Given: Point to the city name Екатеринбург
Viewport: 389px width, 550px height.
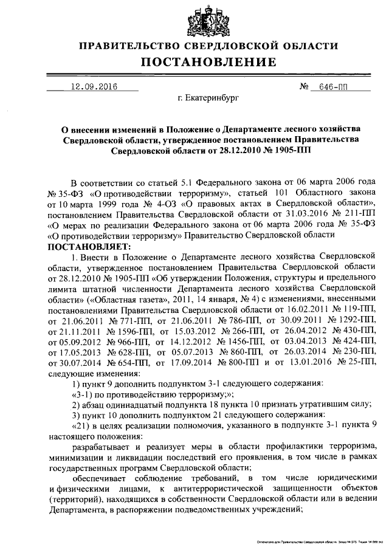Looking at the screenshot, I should (209, 97).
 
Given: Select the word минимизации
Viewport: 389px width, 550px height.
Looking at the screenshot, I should (74, 455).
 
